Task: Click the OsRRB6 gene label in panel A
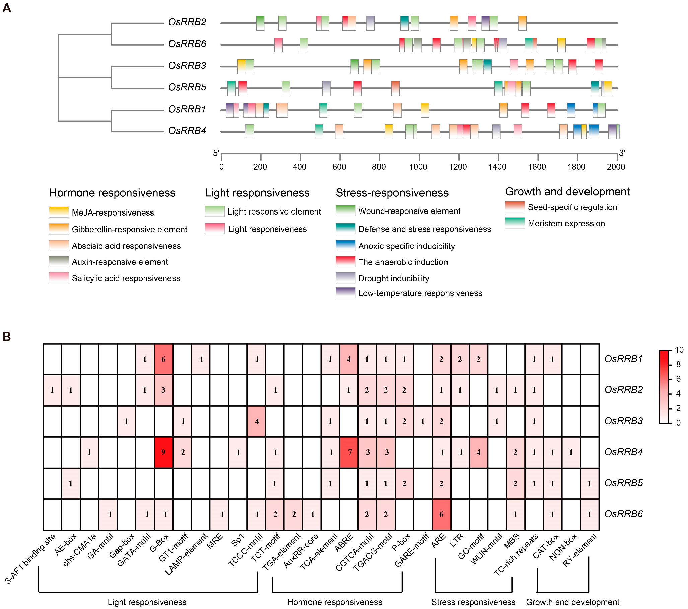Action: pos(187,44)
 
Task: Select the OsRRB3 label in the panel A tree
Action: pos(187,65)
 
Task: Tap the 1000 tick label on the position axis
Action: pos(418,167)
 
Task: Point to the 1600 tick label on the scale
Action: pos(537,167)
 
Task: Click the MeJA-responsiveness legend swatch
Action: pos(59,212)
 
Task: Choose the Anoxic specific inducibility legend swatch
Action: pos(345,246)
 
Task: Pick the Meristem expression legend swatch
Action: pos(514,223)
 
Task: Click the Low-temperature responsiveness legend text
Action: pos(420,293)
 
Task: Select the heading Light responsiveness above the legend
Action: pos(257,193)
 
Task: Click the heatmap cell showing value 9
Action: pos(163,452)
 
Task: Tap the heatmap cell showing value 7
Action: pos(349,452)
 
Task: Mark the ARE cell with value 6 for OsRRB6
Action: pos(441,514)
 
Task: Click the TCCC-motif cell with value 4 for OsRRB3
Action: pos(257,421)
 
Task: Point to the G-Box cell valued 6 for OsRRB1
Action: pos(163,359)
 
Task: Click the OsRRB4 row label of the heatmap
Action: pos(623,452)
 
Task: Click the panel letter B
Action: pos(7,337)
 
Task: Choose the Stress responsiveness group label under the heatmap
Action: pos(473,602)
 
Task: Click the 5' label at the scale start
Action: pos(216,153)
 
